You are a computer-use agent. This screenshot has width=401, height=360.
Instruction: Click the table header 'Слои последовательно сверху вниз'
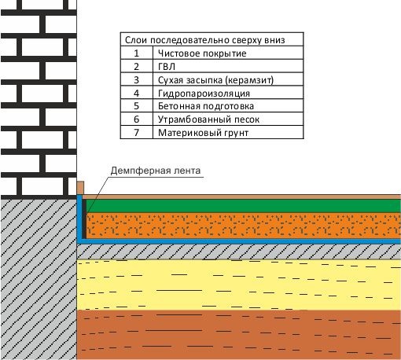coord(204,40)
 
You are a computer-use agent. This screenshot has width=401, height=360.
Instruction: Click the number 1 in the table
coord(136,53)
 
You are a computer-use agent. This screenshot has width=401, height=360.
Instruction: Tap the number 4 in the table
coord(136,93)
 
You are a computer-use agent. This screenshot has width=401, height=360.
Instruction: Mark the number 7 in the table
coord(136,133)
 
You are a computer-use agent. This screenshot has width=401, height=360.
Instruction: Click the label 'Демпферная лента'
coord(156,171)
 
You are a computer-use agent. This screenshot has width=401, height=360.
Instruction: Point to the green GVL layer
coord(244,206)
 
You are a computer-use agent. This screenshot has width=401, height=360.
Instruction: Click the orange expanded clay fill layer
coord(244,226)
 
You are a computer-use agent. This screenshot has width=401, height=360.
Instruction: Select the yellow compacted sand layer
coord(239,285)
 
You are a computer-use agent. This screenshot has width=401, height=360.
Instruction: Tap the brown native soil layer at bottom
coord(239,335)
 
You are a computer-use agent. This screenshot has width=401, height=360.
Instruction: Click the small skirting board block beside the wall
coord(80,188)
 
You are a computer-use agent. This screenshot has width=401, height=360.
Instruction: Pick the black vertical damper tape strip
coord(84,219)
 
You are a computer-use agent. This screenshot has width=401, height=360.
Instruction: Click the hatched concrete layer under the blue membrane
coord(239,252)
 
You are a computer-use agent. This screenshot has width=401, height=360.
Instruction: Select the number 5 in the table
coord(136,106)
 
